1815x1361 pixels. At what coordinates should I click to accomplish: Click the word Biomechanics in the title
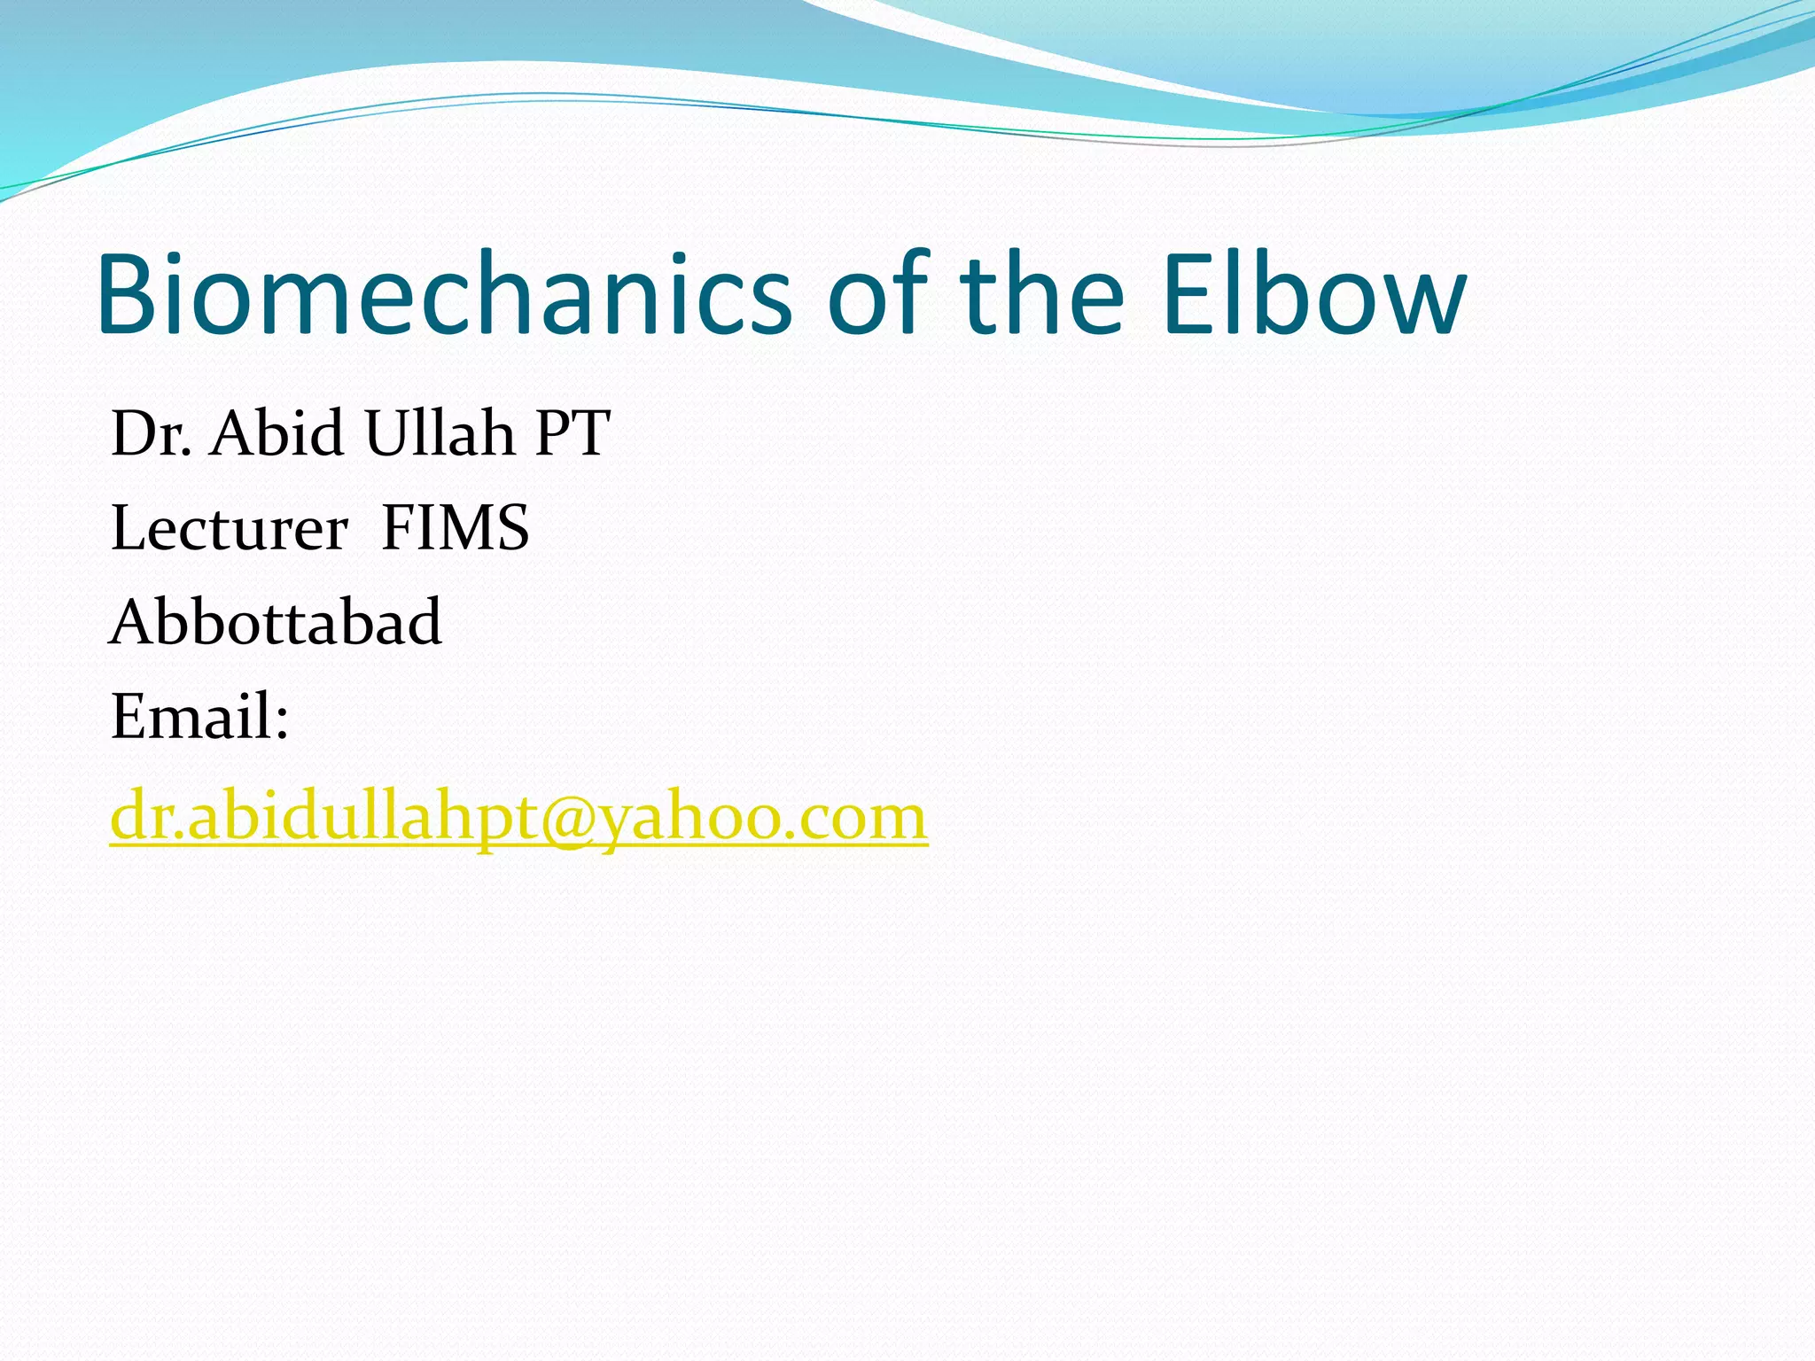pyautogui.click(x=443, y=297)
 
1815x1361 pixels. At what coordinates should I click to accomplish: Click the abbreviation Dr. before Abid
pyautogui.click(x=151, y=434)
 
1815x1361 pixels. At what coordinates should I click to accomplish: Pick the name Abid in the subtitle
pyautogui.click(x=277, y=434)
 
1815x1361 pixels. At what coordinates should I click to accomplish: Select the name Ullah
pyautogui.click(x=439, y=434)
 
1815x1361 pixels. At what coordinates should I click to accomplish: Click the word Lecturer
pyautogui.click(x=229, y=529)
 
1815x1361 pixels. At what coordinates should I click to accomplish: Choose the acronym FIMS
pyautogui.click(x=455, y=529)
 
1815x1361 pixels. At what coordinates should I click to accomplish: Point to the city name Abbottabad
pyautogui.click(x=276, y=623)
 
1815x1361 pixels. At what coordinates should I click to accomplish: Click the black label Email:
pyautogui.click(x=199, y=717)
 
